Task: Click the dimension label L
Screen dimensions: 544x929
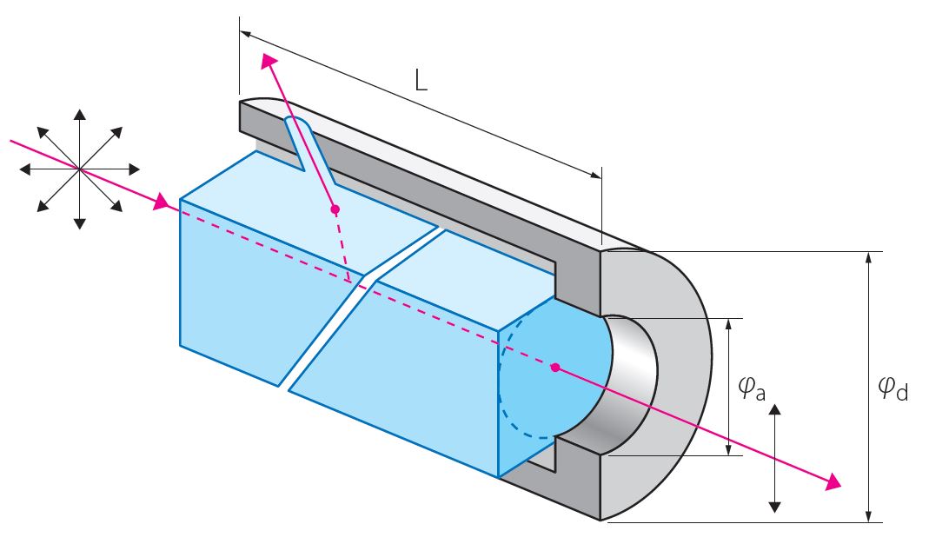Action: [x=421, y=82]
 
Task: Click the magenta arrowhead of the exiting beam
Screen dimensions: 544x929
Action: [x=833, y=481]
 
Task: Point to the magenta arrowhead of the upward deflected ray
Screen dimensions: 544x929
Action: [x=269, y=62]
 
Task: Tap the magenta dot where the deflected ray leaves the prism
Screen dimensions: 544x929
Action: [x=335, y=209]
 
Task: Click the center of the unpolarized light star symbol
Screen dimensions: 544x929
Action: [x=79, y=168]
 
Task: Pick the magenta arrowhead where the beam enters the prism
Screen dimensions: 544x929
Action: [x=160, y=204]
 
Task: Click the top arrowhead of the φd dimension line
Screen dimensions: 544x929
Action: [x=867, y=258]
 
